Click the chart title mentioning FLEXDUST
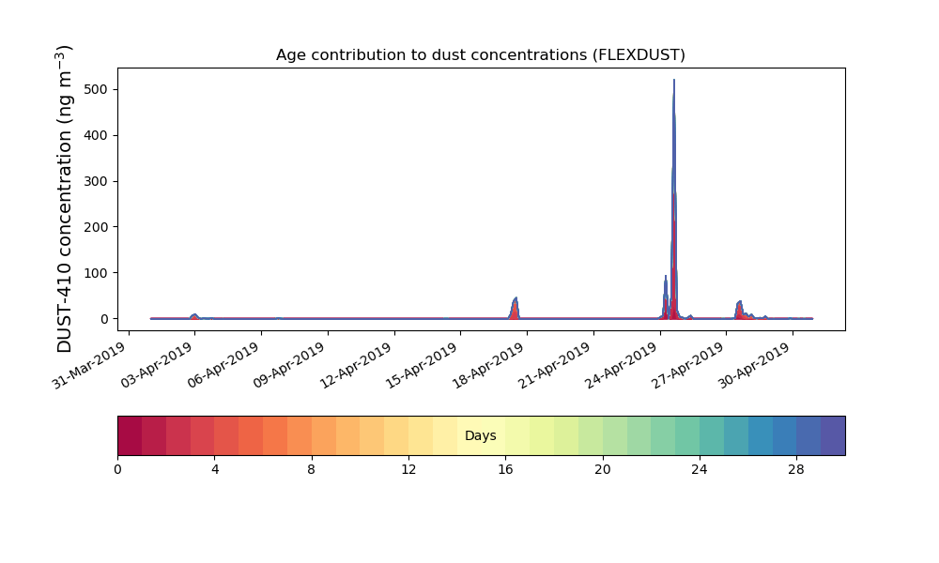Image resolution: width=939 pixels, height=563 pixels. pos(480,55)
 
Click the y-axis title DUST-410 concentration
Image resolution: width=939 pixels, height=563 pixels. pos(64,199)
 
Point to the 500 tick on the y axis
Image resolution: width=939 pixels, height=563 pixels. pos(97,90)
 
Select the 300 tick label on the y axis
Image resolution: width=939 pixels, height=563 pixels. pos(97,181)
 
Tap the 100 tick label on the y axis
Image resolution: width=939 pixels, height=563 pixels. pos(97,273)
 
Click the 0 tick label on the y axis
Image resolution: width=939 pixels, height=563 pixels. pos(105,319)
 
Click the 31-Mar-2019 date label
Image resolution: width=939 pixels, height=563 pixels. pos(90,365)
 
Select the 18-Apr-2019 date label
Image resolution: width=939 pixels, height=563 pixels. pos(488,365)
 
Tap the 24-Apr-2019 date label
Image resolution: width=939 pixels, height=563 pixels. pos(622,365)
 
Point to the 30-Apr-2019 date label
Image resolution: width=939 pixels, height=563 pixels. pos(755,365)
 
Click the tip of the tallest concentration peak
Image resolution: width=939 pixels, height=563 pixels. pos(673,80)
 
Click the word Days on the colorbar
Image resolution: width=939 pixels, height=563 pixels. pos(480,435)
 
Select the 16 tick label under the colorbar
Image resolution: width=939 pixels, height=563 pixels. pos(505,470)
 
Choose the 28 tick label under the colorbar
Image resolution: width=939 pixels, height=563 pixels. pos(796,470)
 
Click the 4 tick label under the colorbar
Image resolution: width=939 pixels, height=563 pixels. pos(215,470)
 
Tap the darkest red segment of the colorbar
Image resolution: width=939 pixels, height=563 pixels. pos(130,435)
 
